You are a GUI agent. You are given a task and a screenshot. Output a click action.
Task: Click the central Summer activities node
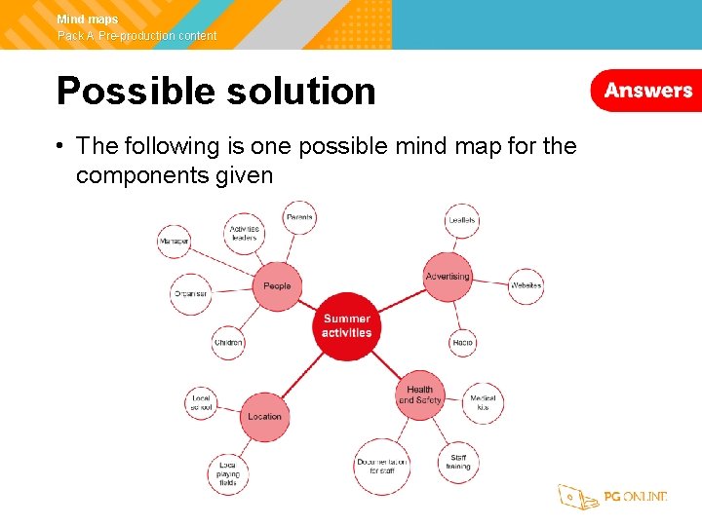pyautogui.click(x=347, y=326)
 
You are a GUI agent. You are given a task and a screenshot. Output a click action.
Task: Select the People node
pyautogui.click(x=277, y=285)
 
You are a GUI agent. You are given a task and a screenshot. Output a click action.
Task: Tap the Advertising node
pyautogui.click(x=448, y=277)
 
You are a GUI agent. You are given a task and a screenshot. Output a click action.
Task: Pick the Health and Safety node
pyautogui.click(x=420, y=394)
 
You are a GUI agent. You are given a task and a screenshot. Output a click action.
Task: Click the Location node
pyautogui.click(x=264, y=416)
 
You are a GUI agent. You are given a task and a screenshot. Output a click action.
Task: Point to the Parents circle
pyautogui.click(x=300, y=217)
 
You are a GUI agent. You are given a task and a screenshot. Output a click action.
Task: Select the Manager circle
pyautogui.click(x=174, y=241)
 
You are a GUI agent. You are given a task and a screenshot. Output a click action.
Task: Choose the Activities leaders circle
pyautogui.click(x=244, y=234)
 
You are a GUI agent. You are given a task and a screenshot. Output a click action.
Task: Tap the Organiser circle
pyautogui.click(x=190, y=294)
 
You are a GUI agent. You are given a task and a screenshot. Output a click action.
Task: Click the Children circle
pyautogui.click(x=228, y=343)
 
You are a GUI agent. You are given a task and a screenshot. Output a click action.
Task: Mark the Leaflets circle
pyautogui.click(x=462, y=220)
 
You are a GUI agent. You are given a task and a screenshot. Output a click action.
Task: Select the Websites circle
pyautogui.click(x=526, y=285)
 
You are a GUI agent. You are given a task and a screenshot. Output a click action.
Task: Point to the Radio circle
pyautogui.click(x=463, y=343)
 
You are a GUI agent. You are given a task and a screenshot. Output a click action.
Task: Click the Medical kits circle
pyautogui.click(x=483, y=403)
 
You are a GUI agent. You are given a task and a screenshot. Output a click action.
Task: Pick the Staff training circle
pyautogui.click(x=458, y=462)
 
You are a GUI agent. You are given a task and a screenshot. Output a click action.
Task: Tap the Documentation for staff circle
pyautogui.click(x=381, y=466)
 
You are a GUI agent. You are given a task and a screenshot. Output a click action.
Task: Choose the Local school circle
pyautogui.click(x=202, y=403)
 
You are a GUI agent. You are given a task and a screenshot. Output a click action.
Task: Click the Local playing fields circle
pyautogui.click(x=228, y=474)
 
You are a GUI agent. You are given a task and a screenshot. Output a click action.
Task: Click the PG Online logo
pyautogui.click(x=612, y=497)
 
